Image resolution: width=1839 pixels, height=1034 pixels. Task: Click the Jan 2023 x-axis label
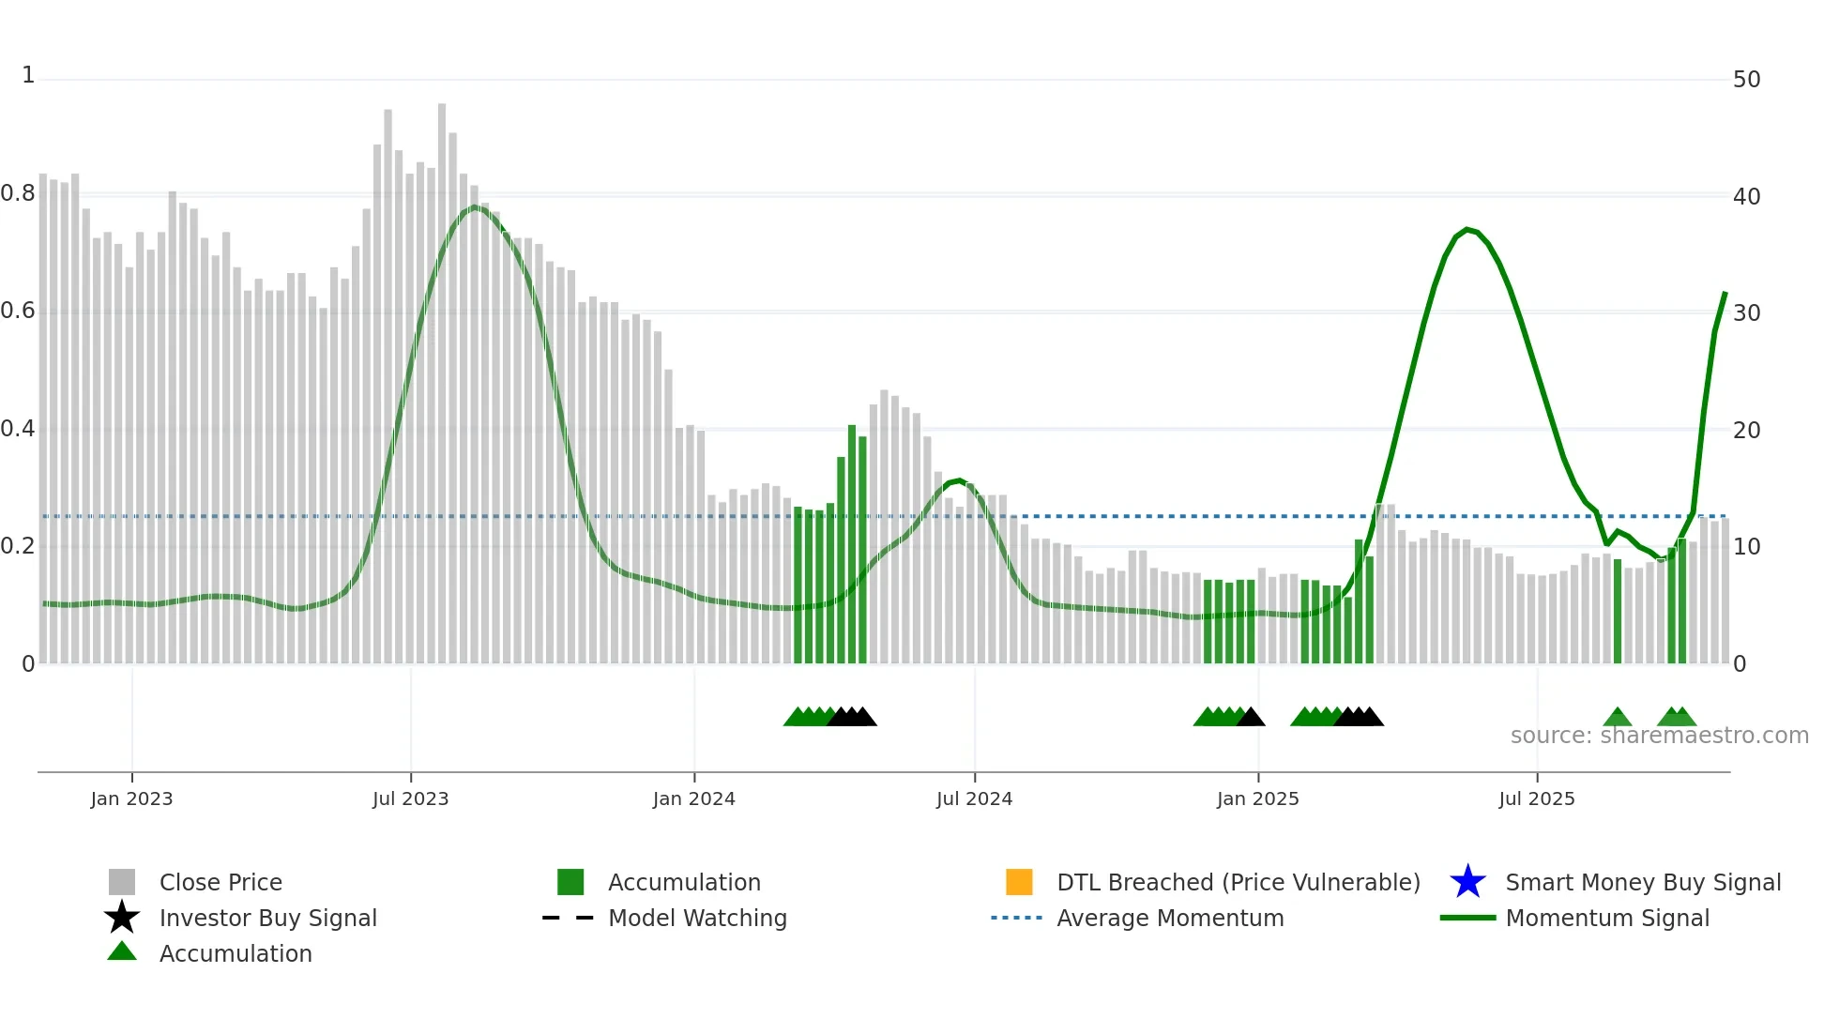(x=131, y=798)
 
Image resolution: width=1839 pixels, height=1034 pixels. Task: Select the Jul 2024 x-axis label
(x=974, y=798)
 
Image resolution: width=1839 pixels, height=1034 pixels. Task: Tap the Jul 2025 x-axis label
(x=1536, y=798)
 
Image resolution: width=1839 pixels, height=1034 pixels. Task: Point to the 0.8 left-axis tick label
(x=18, y=193)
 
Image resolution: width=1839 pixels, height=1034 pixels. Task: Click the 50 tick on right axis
(x=1746, y=80)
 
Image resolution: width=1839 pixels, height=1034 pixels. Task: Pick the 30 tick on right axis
(x=1746, y=312)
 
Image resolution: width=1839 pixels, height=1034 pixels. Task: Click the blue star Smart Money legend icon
(x=1467, y=882)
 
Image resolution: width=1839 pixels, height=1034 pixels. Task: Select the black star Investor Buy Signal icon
(x=122, y=918)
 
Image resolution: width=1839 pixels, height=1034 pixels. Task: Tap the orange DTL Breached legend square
(x=1019, y=882)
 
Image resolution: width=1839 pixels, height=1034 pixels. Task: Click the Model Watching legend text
(x=697, y=918)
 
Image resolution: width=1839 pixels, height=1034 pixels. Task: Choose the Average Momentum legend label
(x=1170, y=918)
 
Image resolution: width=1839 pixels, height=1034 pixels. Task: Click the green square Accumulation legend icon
(x=570, y=882)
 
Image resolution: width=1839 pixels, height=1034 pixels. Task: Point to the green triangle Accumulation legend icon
(x=122, y=951)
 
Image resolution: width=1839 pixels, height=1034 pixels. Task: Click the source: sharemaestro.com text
(x=1659, y=736)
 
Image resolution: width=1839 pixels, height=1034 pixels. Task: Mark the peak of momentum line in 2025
(x=1467, y=229)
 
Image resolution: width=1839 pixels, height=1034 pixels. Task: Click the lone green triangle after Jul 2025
(x=1617, y=718)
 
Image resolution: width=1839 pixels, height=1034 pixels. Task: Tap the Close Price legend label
(x=220, y=882)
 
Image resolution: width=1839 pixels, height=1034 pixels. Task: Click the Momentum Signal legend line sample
(x=1467, y=918)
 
